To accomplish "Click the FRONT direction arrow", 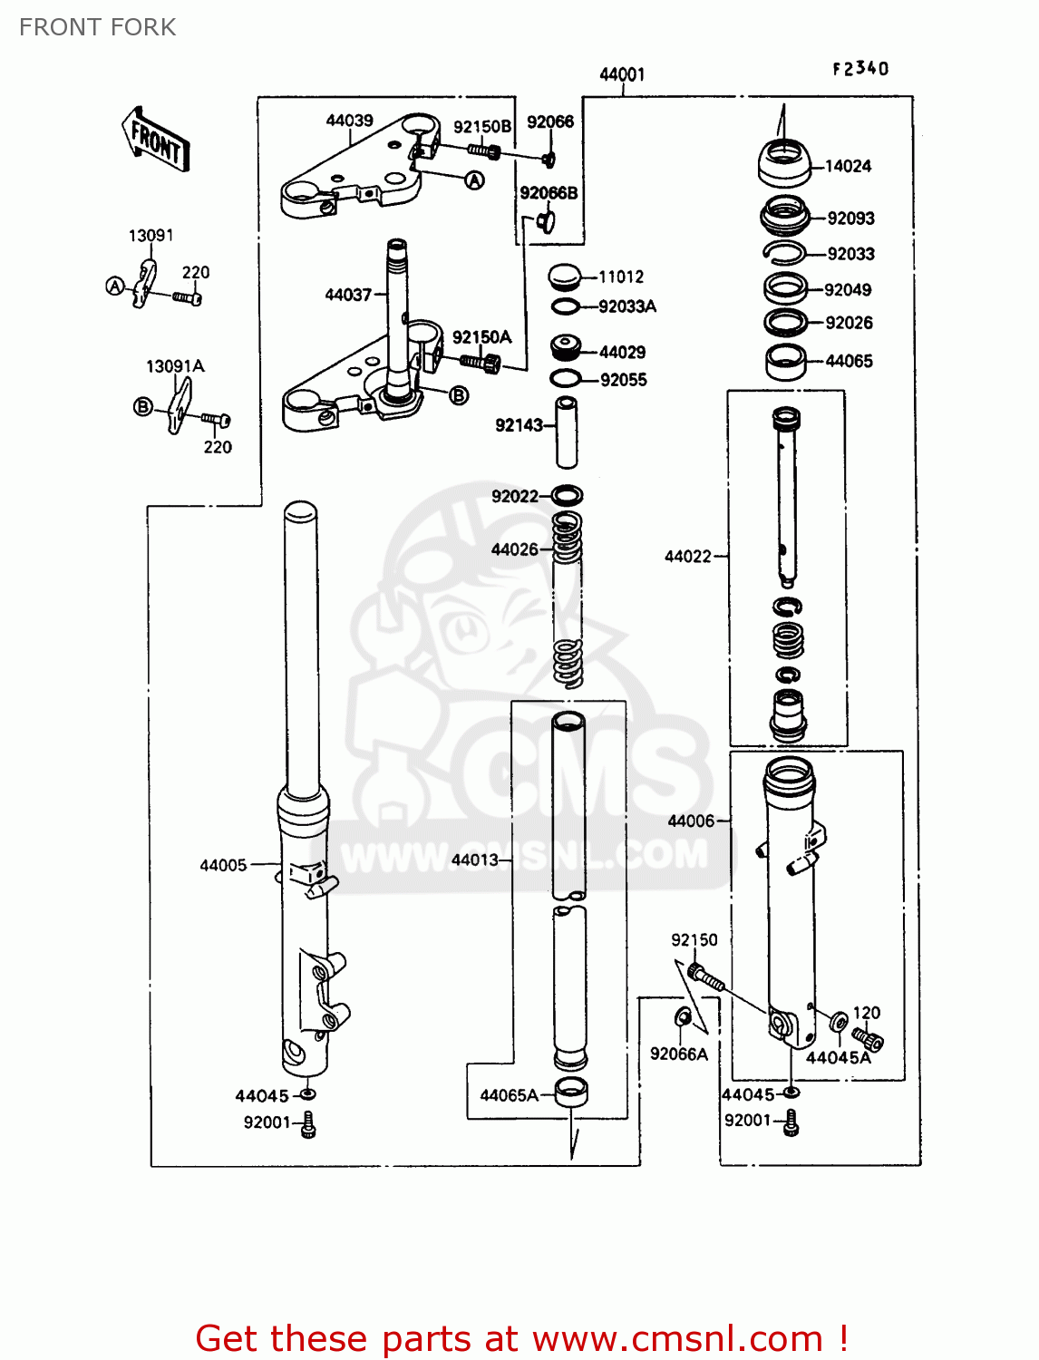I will tap(155, 141).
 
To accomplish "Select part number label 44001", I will tap(622, 74).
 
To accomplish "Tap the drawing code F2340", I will tap(860, 69).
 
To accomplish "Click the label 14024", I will tap(848, 166).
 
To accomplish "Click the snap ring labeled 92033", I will tap(783, 253).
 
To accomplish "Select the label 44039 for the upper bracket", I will tap(349, 121).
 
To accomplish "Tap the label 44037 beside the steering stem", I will tap(348, 295).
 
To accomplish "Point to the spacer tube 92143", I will tap(567, 432).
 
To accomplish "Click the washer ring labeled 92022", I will tap(567, 496).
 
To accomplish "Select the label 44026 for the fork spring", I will tap(514, 549).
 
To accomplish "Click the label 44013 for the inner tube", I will tap(474, 860).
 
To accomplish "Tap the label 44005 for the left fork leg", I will tap(223, 865).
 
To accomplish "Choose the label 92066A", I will tap(678, 1054).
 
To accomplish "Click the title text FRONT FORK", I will tap(97, 27).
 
